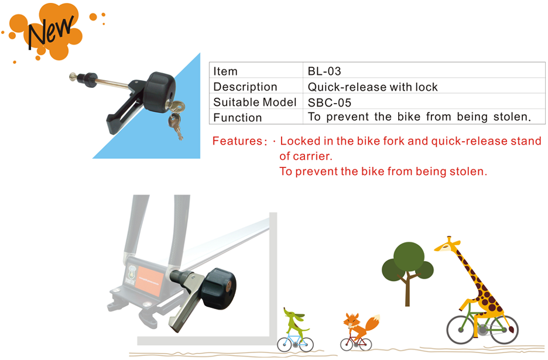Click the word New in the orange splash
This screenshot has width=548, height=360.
[x=50, y=33]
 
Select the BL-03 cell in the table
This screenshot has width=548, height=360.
[x=324, y=71]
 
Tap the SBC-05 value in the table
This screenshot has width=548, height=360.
[x=329, y=103]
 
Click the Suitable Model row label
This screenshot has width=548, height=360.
[x=255, y=102]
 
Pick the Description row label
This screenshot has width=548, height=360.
[x=245, y=87]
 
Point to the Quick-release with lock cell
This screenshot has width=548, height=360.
[x=372, y=87]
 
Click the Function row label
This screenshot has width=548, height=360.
[x=237, y=118]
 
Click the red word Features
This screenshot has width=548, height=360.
[x=238, y=141]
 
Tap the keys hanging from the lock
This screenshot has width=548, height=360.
[x=176, y=118]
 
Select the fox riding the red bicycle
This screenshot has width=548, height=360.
[x=358, y=331]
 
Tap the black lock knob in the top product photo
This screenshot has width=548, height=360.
[x=159, y=92]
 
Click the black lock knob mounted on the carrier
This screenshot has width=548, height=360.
[x=219, y=289]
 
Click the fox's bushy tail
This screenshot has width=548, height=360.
[x=372, y=323]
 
